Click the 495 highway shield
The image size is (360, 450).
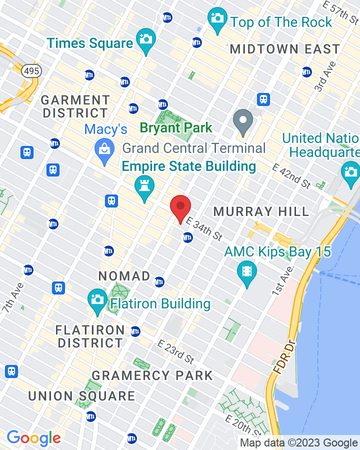pyautogui.click(x=31, y=70)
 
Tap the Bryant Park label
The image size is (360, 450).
pyautogui.click(x=176, y=128)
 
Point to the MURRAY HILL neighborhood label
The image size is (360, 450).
pyautogui.click(x=261, y=211)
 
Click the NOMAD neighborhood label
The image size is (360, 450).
pyautogui.click(x=124, y=276)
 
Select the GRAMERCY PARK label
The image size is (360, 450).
pyautogui.click(x=152, y=375)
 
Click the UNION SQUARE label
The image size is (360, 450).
pyautogui.click(x=81, y=396)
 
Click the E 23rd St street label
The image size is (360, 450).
pyautogui.click(x=175, y=352)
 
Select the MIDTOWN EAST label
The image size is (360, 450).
pyautogui.click(x=285, y=49)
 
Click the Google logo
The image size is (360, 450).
pyautogui.click(x=33, y=438)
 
